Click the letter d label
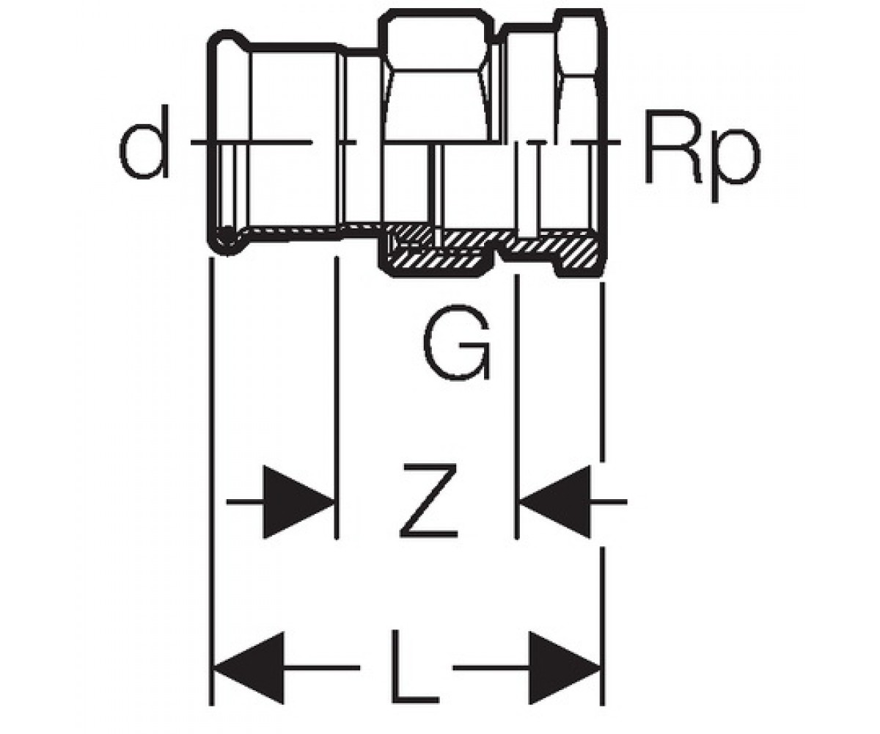(144, 142)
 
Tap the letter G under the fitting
(457, 342)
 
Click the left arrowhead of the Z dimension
(298, 501)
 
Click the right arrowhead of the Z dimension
(555, 501)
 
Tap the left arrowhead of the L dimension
(249, 668)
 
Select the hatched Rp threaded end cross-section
(557, 249)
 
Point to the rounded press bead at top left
(228, 42)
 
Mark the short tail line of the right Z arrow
(609, 501)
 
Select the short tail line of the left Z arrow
(245, 501)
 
